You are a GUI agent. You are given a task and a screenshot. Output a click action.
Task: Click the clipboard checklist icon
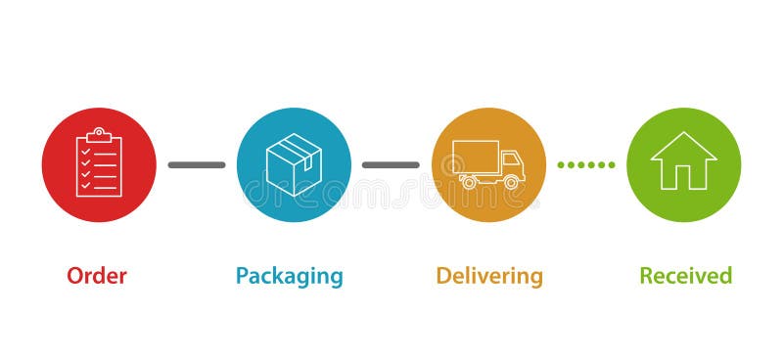(x=99, y=163)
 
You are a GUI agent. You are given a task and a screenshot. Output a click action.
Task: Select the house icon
(x=684, y=160)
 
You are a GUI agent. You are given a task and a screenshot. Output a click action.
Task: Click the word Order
(x=97, y=276)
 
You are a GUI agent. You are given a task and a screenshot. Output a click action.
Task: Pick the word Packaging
(x=290, y=277)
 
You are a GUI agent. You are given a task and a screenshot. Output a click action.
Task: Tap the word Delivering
(x=489, y=277)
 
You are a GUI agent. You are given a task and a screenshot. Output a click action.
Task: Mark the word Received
(x=685, y=276)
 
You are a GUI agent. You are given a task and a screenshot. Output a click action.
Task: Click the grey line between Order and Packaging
(x=196, y=164)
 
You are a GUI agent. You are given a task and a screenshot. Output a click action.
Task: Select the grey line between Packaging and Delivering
(x=391, y=164)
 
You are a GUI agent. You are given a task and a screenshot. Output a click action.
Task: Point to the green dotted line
(x=586, y=164)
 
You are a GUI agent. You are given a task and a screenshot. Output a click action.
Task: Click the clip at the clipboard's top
(x=99, y=133)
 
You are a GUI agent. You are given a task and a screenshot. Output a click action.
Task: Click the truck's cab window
(x=511, y=158)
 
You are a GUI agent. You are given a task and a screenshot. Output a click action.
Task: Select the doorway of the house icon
(x=684, y=176)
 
